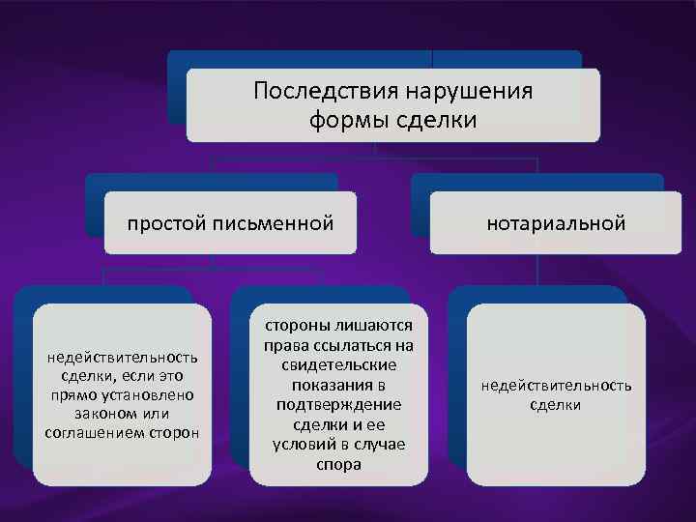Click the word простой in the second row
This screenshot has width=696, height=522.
coord(167,223)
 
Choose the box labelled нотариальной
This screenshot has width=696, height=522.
coord(556,223)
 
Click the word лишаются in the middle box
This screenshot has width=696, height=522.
coord(371,327)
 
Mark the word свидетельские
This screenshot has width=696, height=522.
coord(338,365)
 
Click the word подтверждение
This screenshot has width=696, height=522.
coord(338,405)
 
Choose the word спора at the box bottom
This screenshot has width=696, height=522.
coord(338,464)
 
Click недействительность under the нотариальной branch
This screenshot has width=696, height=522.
coord(556,386)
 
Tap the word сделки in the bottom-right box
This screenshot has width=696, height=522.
coord(556,405)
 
